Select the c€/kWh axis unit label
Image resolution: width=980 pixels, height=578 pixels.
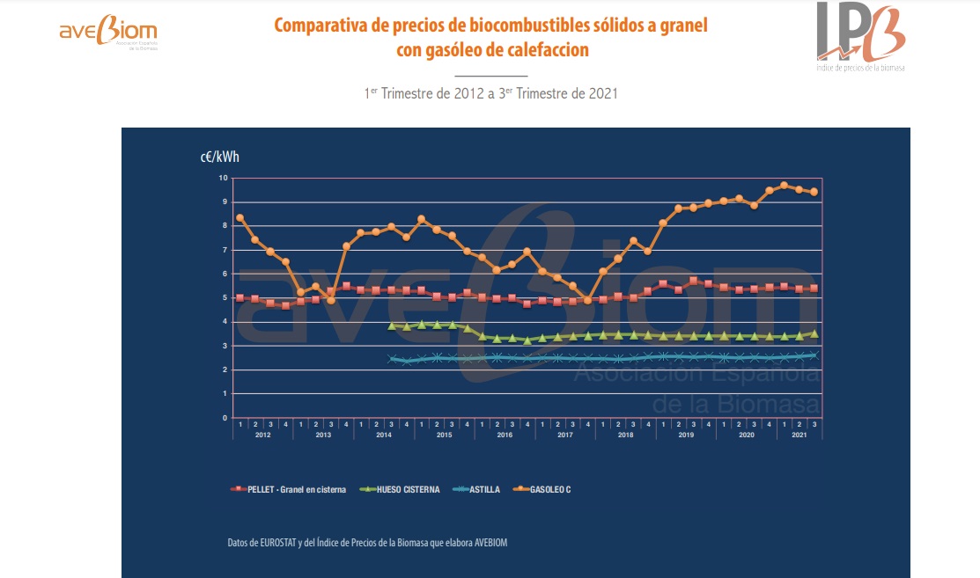click(219, 157)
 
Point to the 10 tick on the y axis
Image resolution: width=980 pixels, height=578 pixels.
click(223, 178)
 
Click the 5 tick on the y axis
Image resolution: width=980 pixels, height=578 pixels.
click(225, 297)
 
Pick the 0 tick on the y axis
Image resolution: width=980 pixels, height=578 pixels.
click(225, 418)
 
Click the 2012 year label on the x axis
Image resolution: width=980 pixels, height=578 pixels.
click(262, 435)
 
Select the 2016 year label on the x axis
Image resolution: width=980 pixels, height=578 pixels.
click(505, 435)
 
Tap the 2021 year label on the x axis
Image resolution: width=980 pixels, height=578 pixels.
click(799, 435)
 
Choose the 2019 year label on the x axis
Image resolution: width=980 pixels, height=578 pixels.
click(686, 435)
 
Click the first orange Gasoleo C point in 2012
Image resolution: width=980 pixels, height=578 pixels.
click(239, 218)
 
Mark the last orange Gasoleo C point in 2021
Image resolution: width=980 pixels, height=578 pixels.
click(814, 192)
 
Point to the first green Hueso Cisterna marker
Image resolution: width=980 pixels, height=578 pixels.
click(391, 326)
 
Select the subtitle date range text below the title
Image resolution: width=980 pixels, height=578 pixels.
click(490, 92)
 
